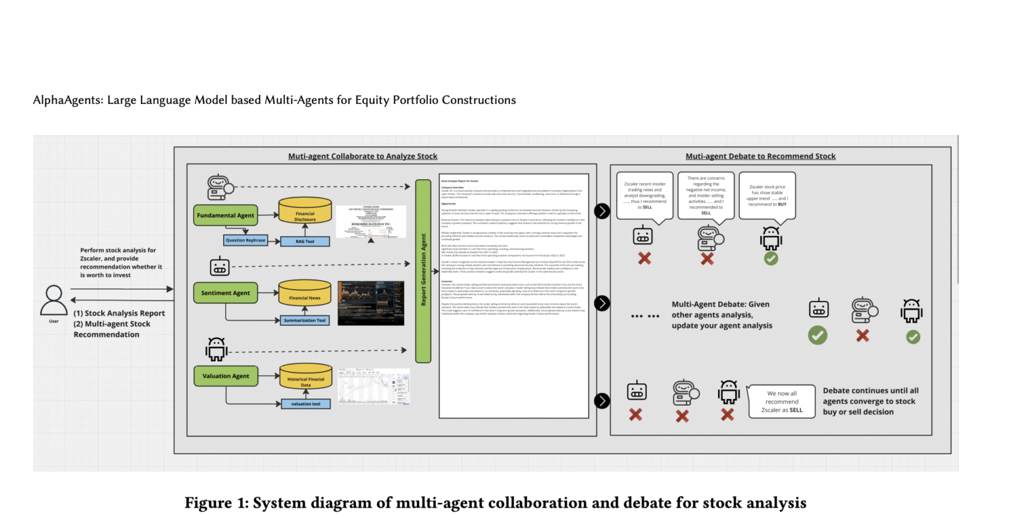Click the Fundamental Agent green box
pyautogui.click(x=225, y=215)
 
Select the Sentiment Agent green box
pyautogui.click(x=225, y=293)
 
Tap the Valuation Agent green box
pyautogui.click(x=225, y=376)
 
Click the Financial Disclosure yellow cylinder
pyautogui.click(x=305, y=213)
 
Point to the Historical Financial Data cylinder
pyautogui.click(x=305, y=378)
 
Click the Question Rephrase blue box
pyautogui.click(x=246, y=240)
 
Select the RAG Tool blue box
pyautogui.click(x=305, y=242)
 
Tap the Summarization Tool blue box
pyautogui.click(x=305, y=321)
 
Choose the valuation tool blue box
pyautogui.click(x=305, y=404)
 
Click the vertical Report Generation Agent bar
pyautogui.click(x=423, y=271)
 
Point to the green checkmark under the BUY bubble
pyautogui.click(x=771, y=258)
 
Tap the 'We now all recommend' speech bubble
pyautogui.click(x=782, y=402)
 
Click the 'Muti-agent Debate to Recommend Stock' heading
pyautogui.click(x=760, y=156)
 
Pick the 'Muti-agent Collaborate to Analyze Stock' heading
pyautogui.click(x=363, y=156)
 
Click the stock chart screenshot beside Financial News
pyautogui.click(x=371, y=303)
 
